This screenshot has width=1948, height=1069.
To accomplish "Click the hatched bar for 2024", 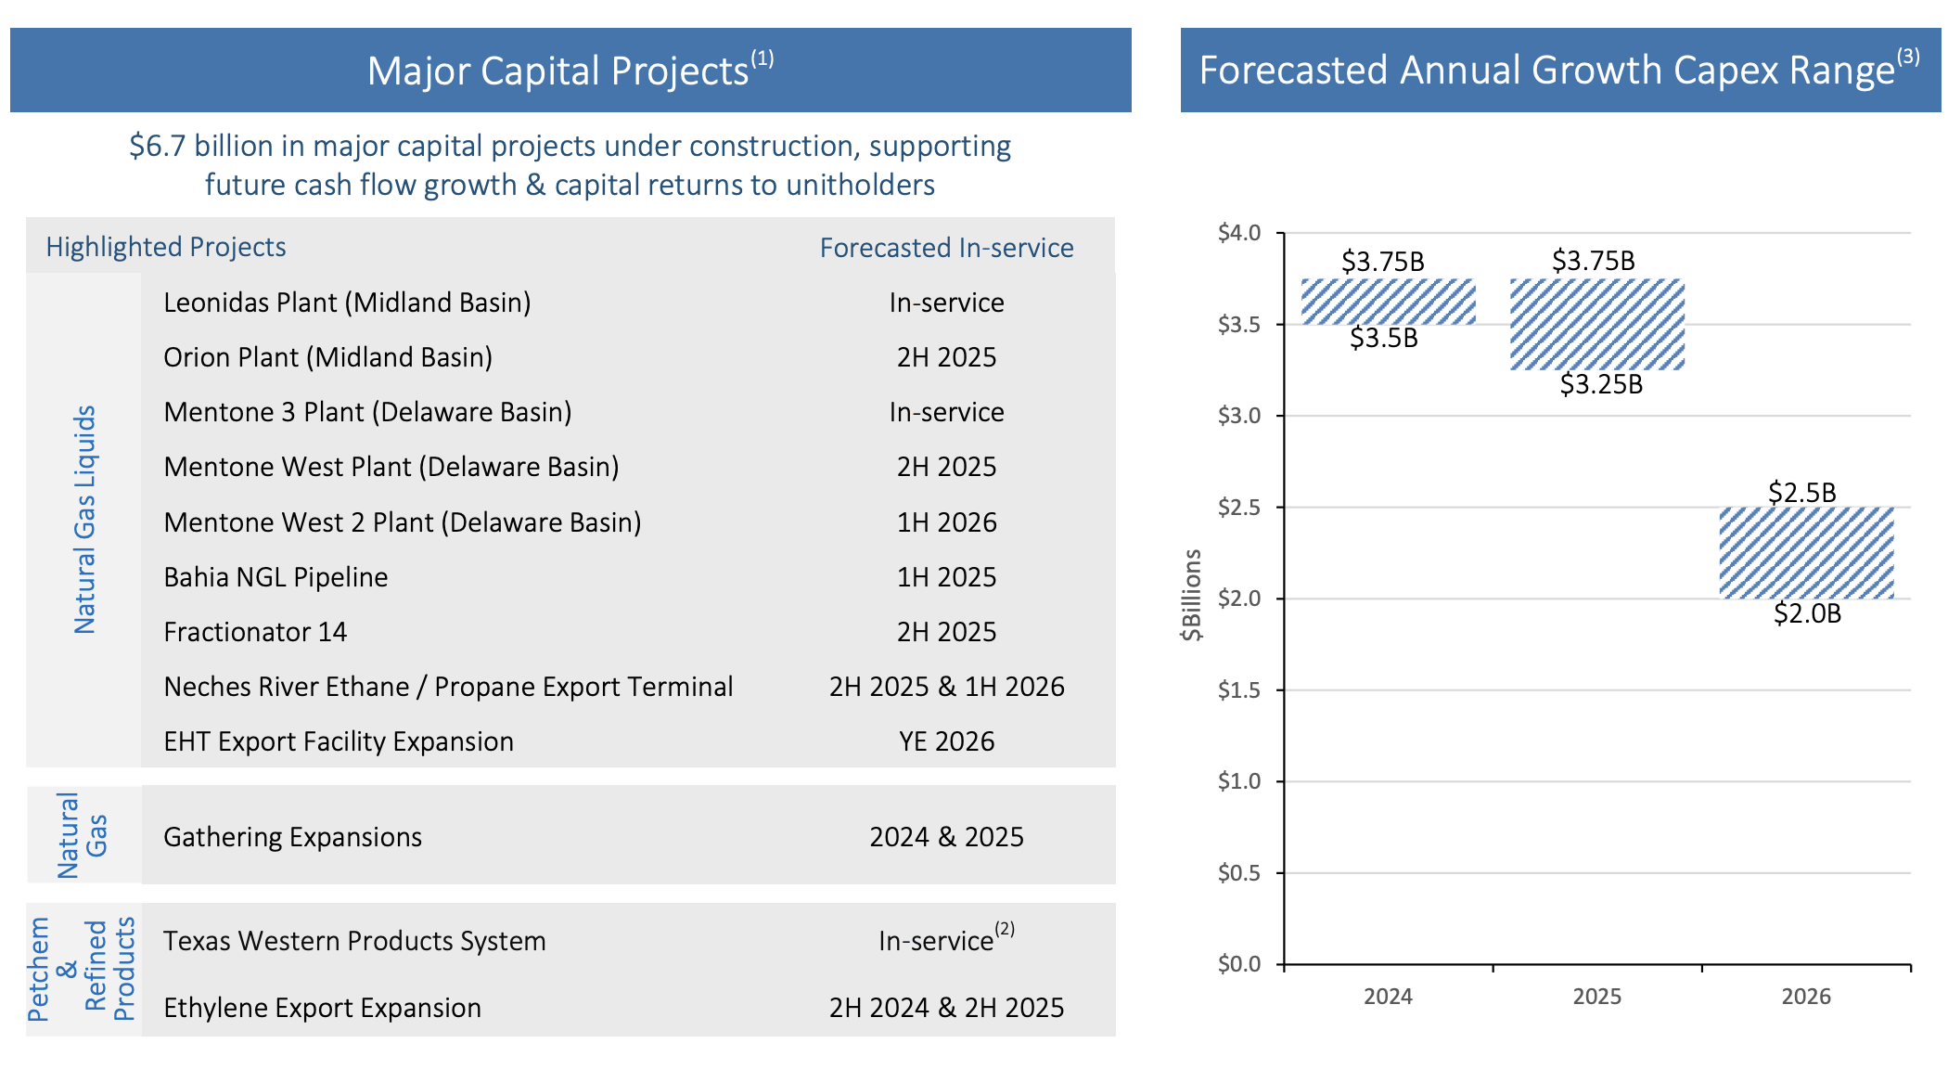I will (1388, 302).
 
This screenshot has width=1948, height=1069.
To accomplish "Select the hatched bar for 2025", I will (1596, 324).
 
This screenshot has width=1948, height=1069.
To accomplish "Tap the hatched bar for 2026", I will (1806, 552).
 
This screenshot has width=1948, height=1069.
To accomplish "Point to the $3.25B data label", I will (1601, 384).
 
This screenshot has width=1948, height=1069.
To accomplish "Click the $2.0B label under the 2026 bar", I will (1807, 613).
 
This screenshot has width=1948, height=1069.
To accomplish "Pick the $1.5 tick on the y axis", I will (1238, 689).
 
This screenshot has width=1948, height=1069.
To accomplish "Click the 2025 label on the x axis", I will (1596, 997).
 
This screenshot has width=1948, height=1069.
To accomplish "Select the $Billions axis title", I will (1191, 595).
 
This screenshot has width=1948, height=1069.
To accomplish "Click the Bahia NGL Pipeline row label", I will (276, 577).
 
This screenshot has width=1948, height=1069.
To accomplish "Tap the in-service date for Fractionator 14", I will (946, 632).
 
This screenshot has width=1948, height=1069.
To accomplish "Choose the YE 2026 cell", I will (946, 741).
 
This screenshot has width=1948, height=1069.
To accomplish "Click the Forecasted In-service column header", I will (946, 248).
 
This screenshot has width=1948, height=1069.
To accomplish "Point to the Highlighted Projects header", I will (166, 247).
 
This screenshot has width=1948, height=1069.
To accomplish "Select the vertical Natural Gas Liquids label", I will (84, 520).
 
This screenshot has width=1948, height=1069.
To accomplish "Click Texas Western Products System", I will (354, 941).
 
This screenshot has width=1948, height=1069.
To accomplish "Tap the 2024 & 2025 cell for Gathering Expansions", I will (946, 837).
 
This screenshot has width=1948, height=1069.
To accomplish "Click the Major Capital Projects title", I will (557, 71).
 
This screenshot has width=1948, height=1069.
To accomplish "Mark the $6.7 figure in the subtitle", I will (158, 147).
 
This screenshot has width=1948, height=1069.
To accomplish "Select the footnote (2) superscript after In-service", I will (1005, 929).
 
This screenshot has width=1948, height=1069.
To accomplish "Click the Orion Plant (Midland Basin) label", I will (327, 357).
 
